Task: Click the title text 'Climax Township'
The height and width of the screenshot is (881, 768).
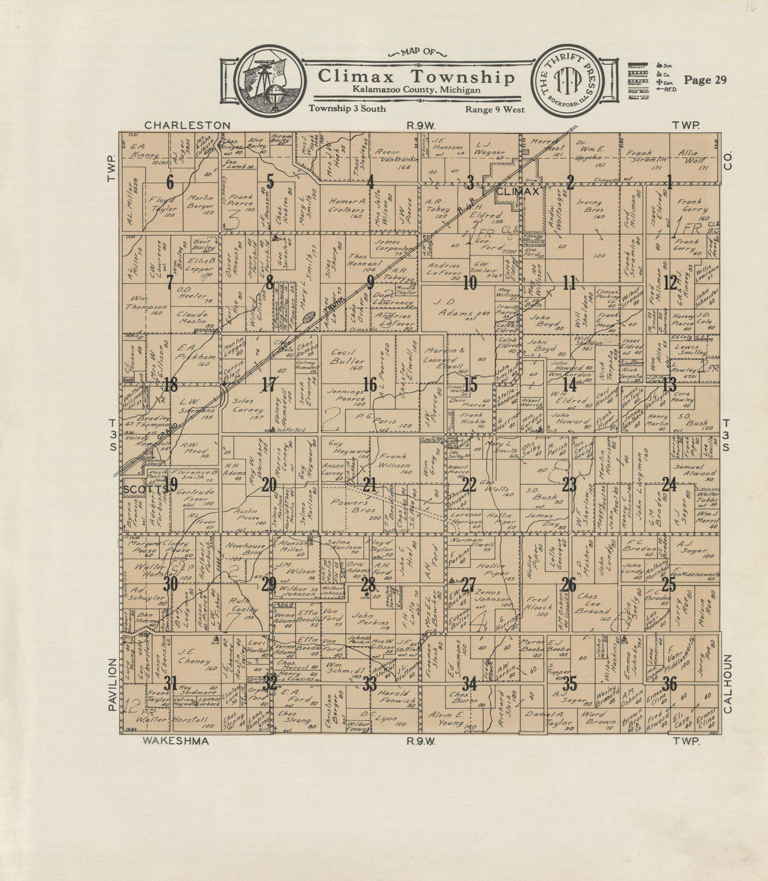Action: (x=416, y=77)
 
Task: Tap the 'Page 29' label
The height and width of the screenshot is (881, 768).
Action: (x=705, y=80)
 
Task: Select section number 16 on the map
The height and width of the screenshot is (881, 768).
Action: (x=370, y=385)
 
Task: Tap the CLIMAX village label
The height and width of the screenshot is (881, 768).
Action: (x=517, y=192)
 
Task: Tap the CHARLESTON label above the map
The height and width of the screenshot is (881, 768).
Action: (x=187, y=125)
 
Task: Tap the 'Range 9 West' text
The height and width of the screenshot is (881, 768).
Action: (x=495, y=110)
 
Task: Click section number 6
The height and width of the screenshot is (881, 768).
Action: (x=170, y=183)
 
